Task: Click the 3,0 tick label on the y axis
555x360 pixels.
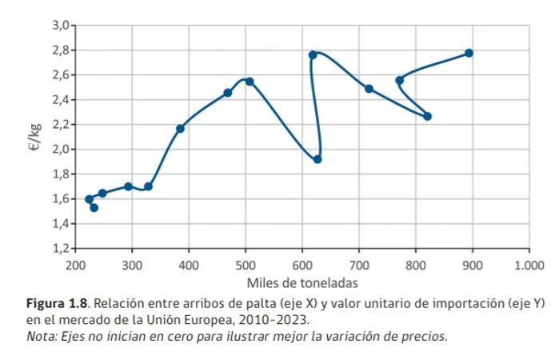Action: coord(61,26)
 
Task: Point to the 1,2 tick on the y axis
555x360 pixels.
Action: coord(61,248)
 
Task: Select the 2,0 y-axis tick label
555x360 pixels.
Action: coord(61,150)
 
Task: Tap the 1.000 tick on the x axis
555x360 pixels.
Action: coord(528,265)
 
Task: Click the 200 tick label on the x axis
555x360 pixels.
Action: coord(75,265)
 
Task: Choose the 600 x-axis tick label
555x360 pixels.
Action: coord(301,265)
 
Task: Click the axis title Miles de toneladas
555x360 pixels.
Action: coord(301,282)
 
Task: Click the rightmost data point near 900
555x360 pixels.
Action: coord(469,53)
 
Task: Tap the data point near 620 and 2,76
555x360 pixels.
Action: coord(313,55)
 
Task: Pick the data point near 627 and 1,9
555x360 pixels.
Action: coord(317,159)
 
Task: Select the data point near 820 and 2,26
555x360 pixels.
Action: coord(427,116)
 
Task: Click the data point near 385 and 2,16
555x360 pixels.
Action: coord(180,129)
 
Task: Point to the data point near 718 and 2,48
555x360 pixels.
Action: coord(369,89)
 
